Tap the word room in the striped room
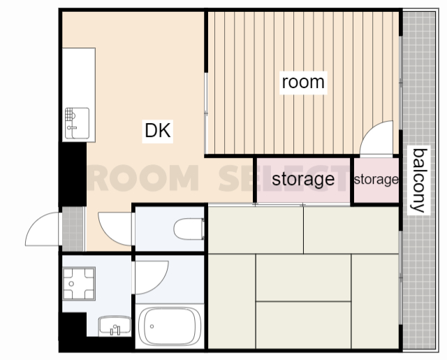point(303,82)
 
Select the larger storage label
point(303,179)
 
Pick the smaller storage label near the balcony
point(376,180)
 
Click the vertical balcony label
point(419,180)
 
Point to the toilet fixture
point(189,229)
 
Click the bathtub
point(170,326)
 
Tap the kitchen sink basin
point(77,123)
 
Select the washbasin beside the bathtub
point(115,326)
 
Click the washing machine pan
point(79,284)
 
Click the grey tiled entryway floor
point(73,229)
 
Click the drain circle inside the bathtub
point(152,326)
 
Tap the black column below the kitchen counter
point(73,174)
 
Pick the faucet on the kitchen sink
point(71,128)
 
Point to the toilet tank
point(203,229)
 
